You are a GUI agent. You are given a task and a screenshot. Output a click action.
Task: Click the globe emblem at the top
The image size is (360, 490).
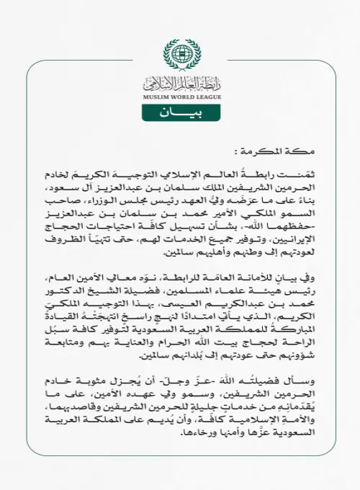tap(180, 54)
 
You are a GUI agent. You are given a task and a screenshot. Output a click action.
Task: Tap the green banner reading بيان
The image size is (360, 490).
tap(180, 114)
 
